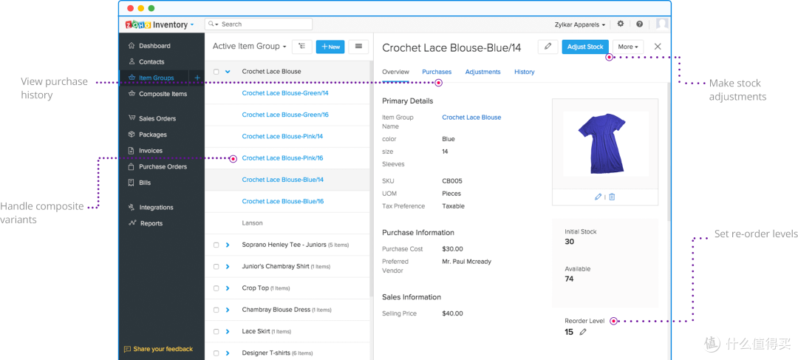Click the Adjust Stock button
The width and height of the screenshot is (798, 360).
coord(584,47)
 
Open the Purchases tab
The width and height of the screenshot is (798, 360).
coord(437,72)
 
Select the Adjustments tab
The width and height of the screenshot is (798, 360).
coord(482,72)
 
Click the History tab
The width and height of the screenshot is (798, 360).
coord(524,72)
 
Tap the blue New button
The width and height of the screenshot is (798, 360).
coord(330,47)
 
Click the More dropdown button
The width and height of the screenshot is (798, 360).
coord(628,47)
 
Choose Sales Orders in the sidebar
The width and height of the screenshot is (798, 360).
coord(157,118)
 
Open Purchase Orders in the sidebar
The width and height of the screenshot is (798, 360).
coord(163,166)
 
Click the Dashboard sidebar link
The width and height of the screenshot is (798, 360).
coord(154,46)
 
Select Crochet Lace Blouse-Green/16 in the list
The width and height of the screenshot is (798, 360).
coord(285,115)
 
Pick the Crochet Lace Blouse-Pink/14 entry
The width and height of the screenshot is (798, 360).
coord(282,137)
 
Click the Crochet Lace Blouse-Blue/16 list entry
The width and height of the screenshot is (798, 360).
coord(282,201)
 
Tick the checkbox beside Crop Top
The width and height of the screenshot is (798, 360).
coord(216,288)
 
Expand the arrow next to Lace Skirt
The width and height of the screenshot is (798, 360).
coord(228,331)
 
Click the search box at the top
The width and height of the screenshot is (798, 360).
coord(259,24)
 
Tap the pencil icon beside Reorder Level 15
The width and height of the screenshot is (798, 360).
coord(583,332)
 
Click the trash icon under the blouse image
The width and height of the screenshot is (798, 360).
coord(612,197)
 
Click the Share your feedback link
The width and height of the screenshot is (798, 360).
coord(158,350)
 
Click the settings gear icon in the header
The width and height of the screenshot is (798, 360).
coord(621,24)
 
